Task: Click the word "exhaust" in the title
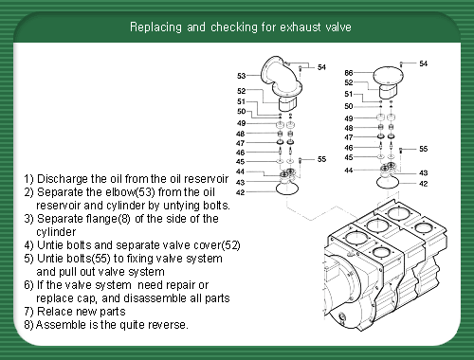(300, 27)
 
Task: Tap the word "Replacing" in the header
(155, 27)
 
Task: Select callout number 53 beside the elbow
(241, 76)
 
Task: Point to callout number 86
(349, 73)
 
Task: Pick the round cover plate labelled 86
(388, 76)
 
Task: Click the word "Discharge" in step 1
(63, 179)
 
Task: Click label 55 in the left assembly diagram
(321, 159)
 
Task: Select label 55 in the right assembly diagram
(424, 149)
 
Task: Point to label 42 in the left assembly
(241, 192)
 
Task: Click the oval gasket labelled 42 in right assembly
(388, 183)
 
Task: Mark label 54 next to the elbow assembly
(321, 67)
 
